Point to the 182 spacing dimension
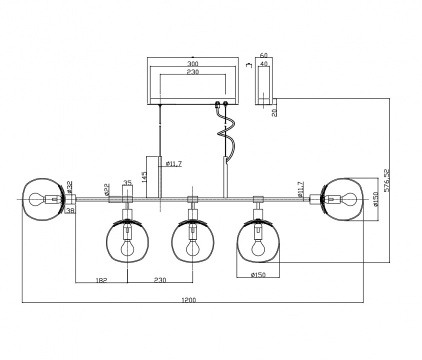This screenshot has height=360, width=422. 101,280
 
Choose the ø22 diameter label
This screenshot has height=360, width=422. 106,189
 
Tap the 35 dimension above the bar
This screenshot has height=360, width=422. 127,183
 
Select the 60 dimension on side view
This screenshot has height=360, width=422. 264,56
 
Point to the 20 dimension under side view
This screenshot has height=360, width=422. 274,112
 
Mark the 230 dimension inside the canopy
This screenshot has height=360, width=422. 192,72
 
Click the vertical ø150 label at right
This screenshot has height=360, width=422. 376,199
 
